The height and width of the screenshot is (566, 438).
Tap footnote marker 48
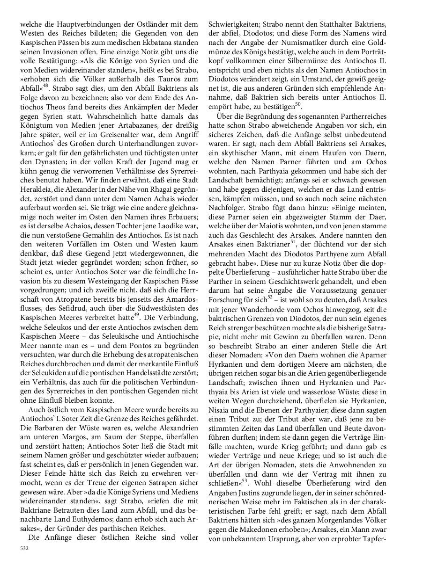[48, 85]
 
